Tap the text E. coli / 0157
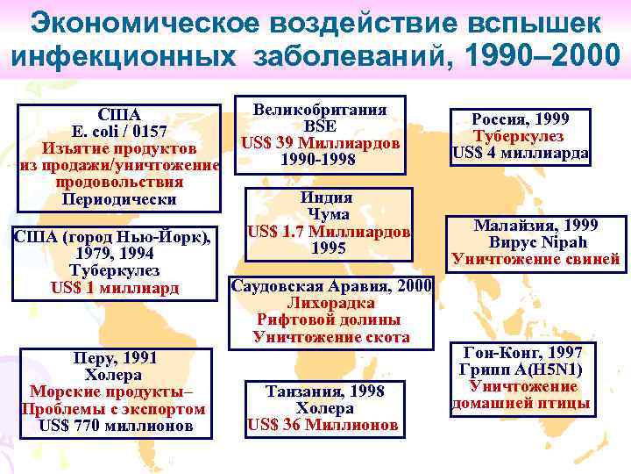118,131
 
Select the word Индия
326,197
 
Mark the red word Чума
326,215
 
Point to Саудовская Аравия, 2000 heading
330,286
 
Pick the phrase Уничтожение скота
330,336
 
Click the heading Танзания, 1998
324,391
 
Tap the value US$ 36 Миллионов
324,426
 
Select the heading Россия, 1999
520,119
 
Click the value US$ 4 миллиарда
520,154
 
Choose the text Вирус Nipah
535,241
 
